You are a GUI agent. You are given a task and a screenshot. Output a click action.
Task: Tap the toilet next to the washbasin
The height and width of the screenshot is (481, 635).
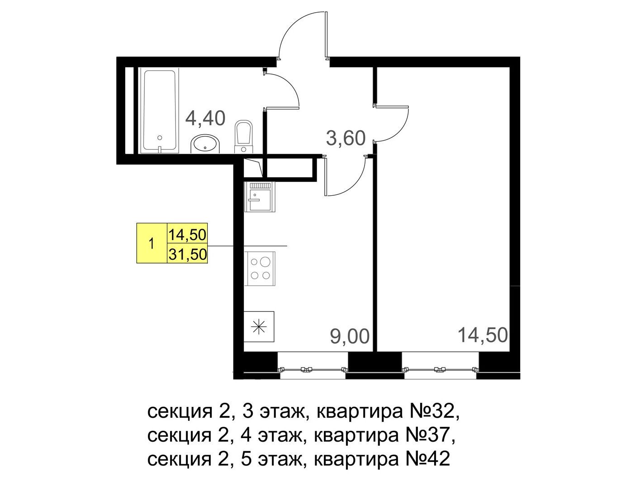[243, 137]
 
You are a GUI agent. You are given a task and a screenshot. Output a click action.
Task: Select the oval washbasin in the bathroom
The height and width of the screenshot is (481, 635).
[206, 144]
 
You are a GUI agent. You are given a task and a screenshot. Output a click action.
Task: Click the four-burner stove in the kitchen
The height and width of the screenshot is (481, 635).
[260, 269]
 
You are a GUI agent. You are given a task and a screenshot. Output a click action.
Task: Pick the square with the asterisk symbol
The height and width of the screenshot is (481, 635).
[259, 327]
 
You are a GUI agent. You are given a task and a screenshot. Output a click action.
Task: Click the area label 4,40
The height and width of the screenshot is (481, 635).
[205, 118]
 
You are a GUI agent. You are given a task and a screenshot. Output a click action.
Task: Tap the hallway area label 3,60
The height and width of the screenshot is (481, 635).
[346, 138]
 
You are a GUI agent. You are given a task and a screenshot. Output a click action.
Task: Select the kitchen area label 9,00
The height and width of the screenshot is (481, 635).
[350, 336]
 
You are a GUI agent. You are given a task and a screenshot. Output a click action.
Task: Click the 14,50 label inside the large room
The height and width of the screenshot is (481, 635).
[483, 335]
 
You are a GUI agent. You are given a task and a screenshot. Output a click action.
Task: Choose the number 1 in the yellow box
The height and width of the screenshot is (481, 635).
[151, 243]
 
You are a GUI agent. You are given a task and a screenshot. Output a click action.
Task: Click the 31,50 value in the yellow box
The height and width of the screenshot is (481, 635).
[187, 255]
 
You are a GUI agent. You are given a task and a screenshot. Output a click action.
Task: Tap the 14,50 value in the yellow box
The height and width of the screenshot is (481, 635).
[187, 235]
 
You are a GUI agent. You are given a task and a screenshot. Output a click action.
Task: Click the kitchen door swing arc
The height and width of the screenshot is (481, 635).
[352, 183]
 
